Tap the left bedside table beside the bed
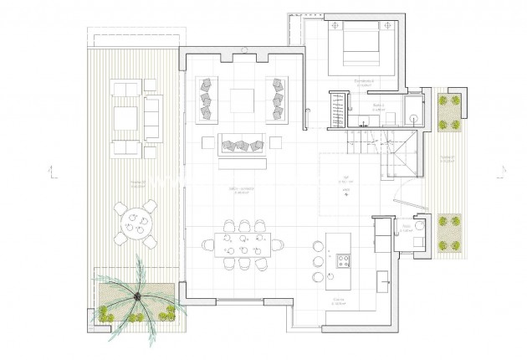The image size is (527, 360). click(335, 27)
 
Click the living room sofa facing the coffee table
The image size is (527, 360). click(242, 144)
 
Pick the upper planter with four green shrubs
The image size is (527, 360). click(450, 111)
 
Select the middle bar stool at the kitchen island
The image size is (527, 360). click(318, 261)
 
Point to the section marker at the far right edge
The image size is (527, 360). click(499, 174)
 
